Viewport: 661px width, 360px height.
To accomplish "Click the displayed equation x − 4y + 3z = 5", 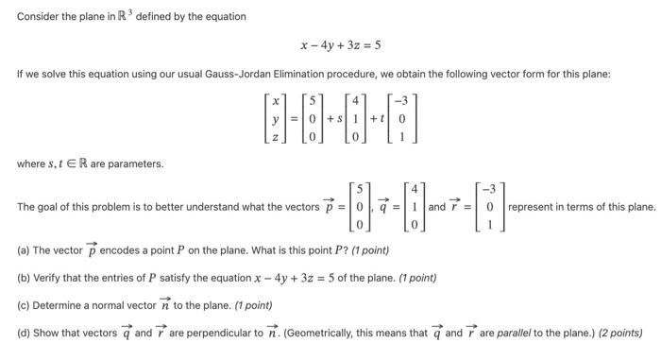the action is click(340, 45).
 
